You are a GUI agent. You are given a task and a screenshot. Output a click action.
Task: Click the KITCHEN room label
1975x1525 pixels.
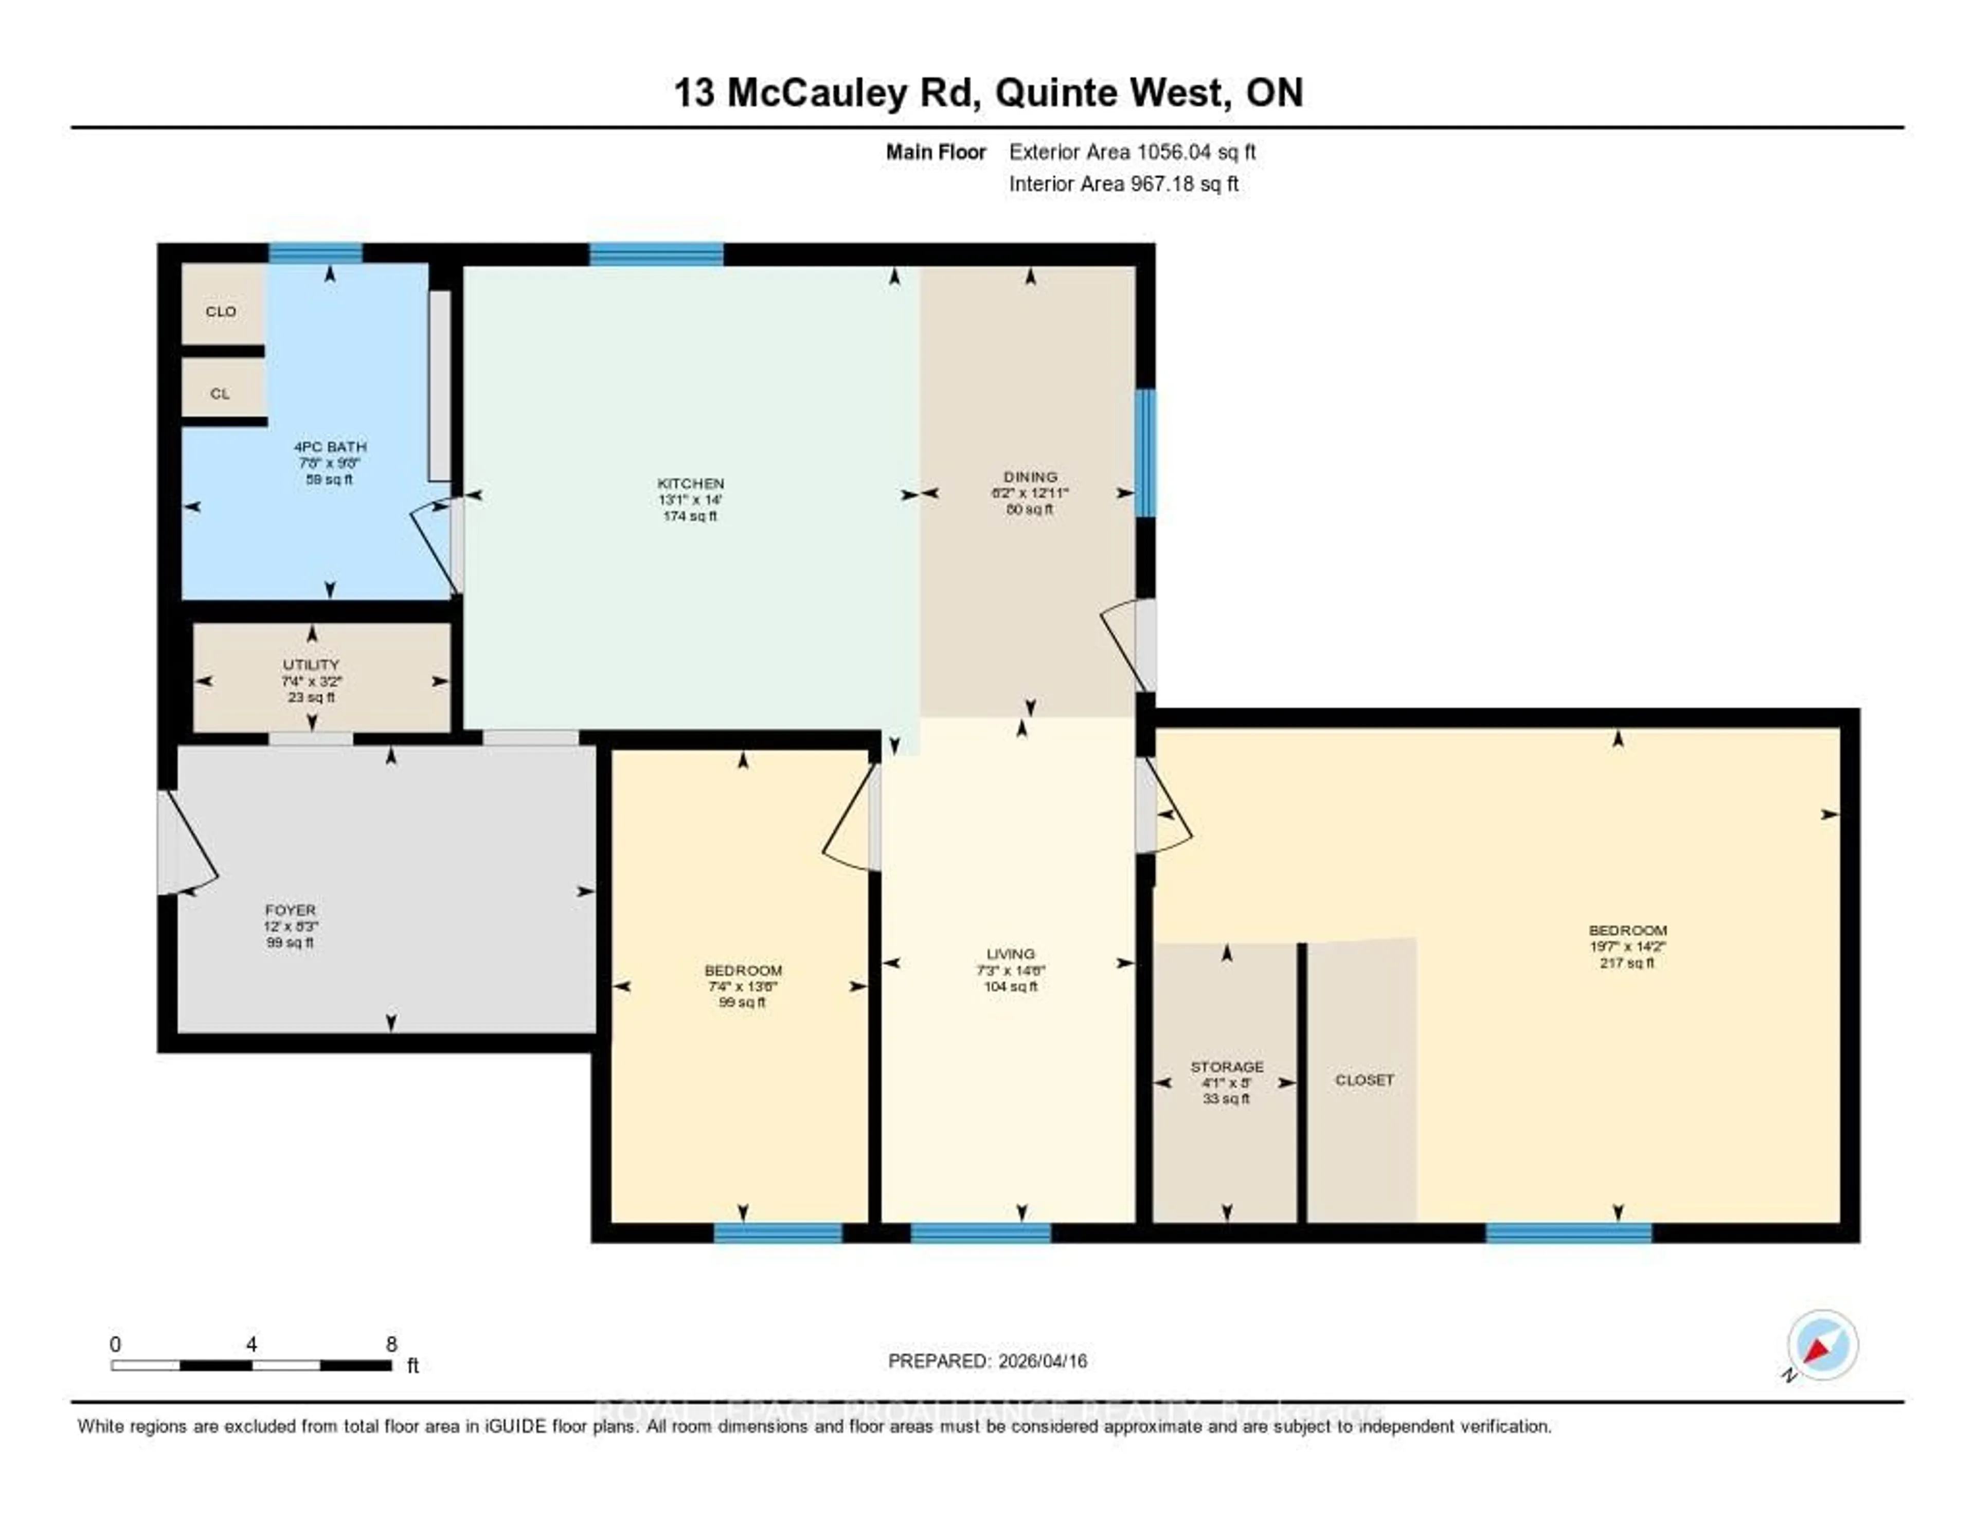point(690,484)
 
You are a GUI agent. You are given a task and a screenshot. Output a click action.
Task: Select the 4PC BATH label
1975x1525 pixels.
point(330,447)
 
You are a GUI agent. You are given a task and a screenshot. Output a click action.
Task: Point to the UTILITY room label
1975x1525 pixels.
point(311,664)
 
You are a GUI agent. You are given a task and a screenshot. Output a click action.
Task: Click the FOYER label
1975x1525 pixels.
point(290,910)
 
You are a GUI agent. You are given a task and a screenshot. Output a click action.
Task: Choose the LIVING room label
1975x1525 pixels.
point(1010,954)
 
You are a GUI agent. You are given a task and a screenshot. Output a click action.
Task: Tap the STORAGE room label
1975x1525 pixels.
point(1226,1067)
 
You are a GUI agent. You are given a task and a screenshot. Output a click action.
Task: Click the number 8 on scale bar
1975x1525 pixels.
point(391,1344)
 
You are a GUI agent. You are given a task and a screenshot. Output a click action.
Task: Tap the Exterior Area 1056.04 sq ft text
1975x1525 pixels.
point(1132,152)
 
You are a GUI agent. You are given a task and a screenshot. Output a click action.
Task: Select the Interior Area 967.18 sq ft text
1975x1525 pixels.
point(1123,184)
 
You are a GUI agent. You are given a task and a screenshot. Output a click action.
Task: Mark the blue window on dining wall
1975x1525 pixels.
point(1145,452)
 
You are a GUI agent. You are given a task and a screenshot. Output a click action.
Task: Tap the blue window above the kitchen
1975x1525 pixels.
point(656,254)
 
